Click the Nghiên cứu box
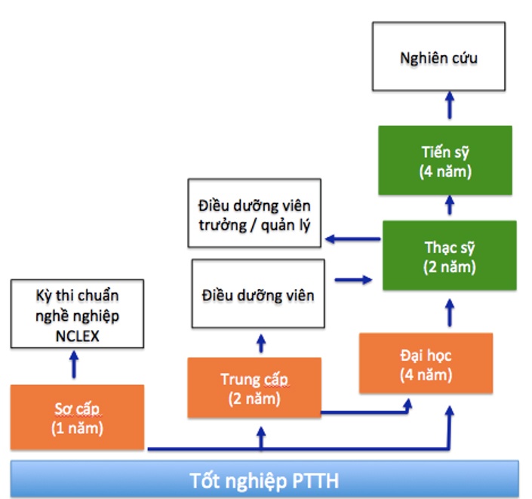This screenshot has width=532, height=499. tap(437, 57)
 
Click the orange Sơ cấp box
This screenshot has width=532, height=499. tap(77, 417)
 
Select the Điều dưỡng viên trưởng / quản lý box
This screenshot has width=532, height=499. tap(254, 214)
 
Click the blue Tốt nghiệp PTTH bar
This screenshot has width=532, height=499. tap(264, 479)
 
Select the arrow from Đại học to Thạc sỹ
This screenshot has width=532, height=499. tap(450, 311)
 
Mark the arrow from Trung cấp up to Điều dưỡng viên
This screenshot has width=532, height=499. tap(261, 343)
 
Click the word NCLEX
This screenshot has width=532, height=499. tap(77, 334)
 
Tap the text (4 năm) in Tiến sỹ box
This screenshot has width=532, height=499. tap(445, 171)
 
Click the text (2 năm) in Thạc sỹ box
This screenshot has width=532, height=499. tap(451, 266)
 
